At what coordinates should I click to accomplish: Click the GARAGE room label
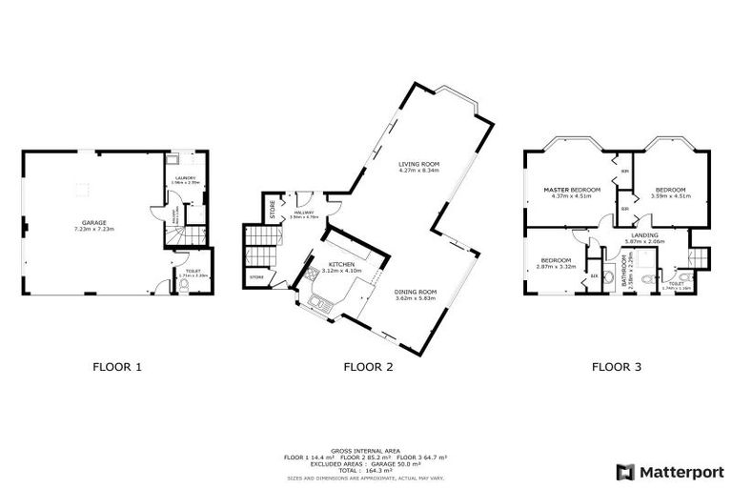point(92,223)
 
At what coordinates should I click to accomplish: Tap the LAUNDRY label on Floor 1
point(185,178)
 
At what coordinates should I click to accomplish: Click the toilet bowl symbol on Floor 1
point(183,284)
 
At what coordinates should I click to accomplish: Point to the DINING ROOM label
point(416,292)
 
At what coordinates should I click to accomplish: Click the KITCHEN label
point(341,264)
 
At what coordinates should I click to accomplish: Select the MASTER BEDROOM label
point(572,190)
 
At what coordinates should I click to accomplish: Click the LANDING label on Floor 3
point(643,235)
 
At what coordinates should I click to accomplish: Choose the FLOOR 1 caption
point(117,365)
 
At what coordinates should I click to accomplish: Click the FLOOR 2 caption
point(367,365)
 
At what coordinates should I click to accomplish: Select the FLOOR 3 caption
point(616,365)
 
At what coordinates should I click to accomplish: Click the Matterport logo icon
point(625,471)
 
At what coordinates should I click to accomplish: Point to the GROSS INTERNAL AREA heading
point(366,451)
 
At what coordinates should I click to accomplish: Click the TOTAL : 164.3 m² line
point(366,470)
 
